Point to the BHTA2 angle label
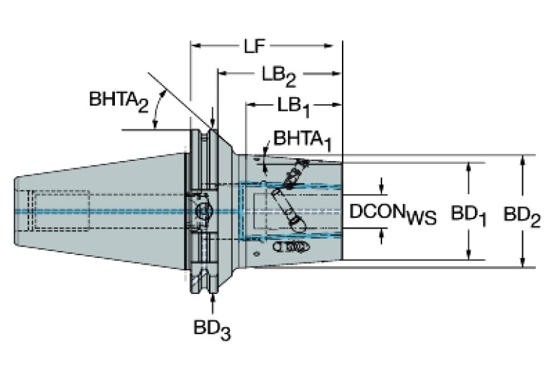(119, 101)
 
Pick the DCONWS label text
(392, 214)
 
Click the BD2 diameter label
(522, 214)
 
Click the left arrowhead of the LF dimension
(195, 47)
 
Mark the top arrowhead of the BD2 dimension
(522, 160)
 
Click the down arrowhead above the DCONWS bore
(381, 188)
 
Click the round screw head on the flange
(204, 211)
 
